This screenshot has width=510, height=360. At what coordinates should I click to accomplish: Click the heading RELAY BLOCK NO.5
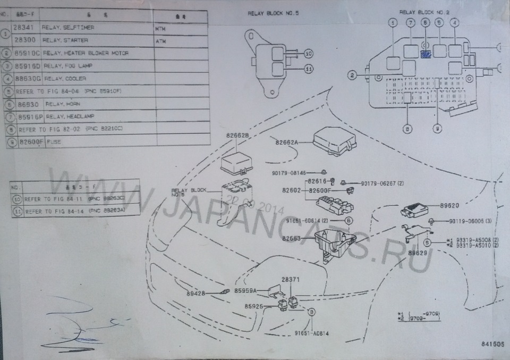point(273,13)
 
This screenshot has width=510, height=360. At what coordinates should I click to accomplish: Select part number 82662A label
point(287,142)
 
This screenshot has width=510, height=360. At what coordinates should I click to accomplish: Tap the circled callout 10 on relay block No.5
point(309,54)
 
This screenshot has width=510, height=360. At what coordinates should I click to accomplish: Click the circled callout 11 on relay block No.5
point(309,69)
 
